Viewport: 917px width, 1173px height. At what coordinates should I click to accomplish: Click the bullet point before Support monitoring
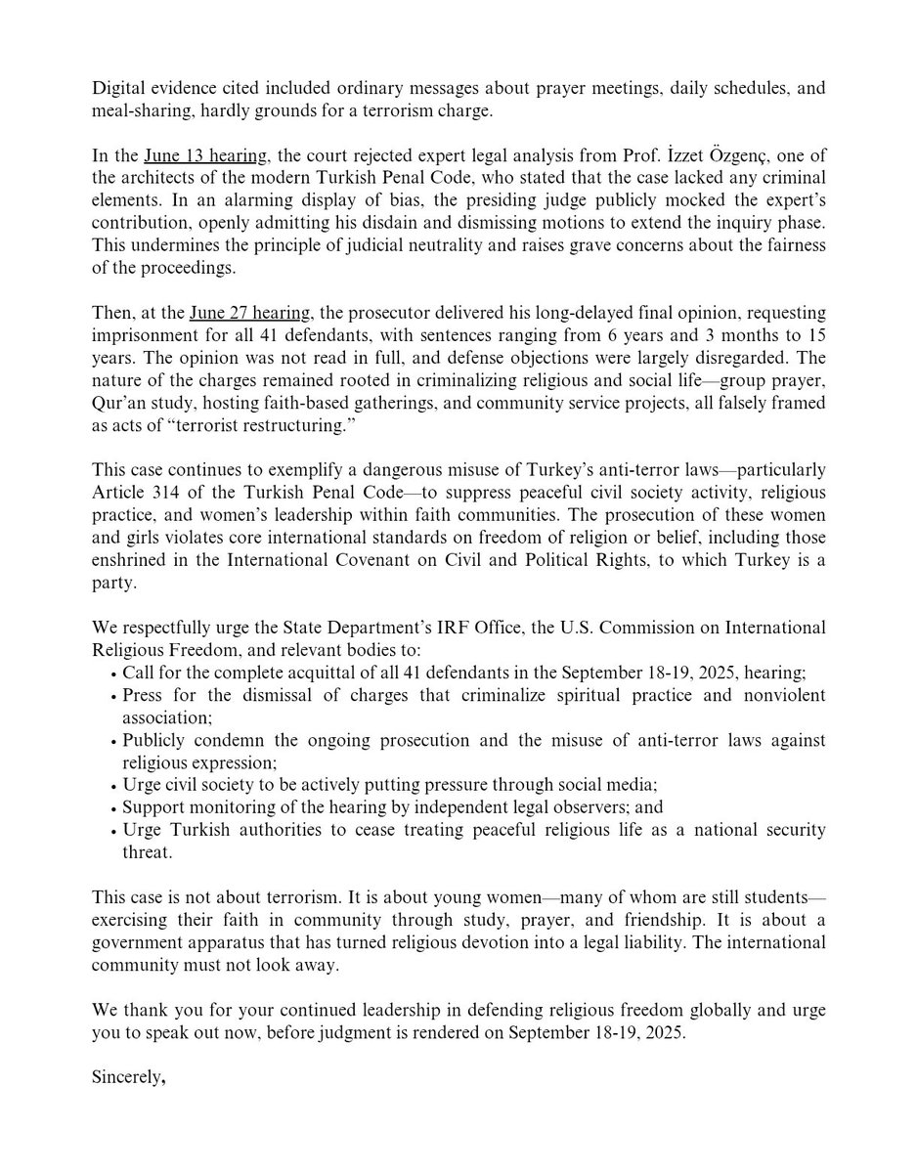click(116, 808)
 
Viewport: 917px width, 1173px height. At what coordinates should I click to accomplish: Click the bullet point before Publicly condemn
click(116, 741)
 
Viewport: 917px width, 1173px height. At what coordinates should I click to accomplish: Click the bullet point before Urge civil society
click(116, 786)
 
